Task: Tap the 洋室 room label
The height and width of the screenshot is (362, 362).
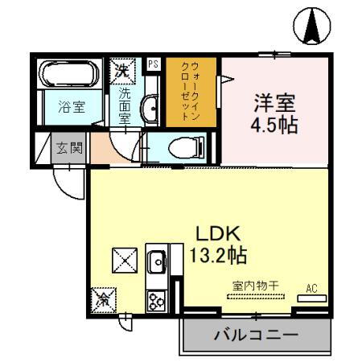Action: pyautogui.click(x=275, y=104)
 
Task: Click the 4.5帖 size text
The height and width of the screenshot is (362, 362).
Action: pyautogui.click(x=275, y=125)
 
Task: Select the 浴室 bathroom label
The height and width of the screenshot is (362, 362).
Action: pyautogui.click(x=67, y=105)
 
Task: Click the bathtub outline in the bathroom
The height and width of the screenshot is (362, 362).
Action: pyautogui.click(x=68, y=77)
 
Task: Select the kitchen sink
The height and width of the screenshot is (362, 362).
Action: pyautogui.click(x=155, y=261)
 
